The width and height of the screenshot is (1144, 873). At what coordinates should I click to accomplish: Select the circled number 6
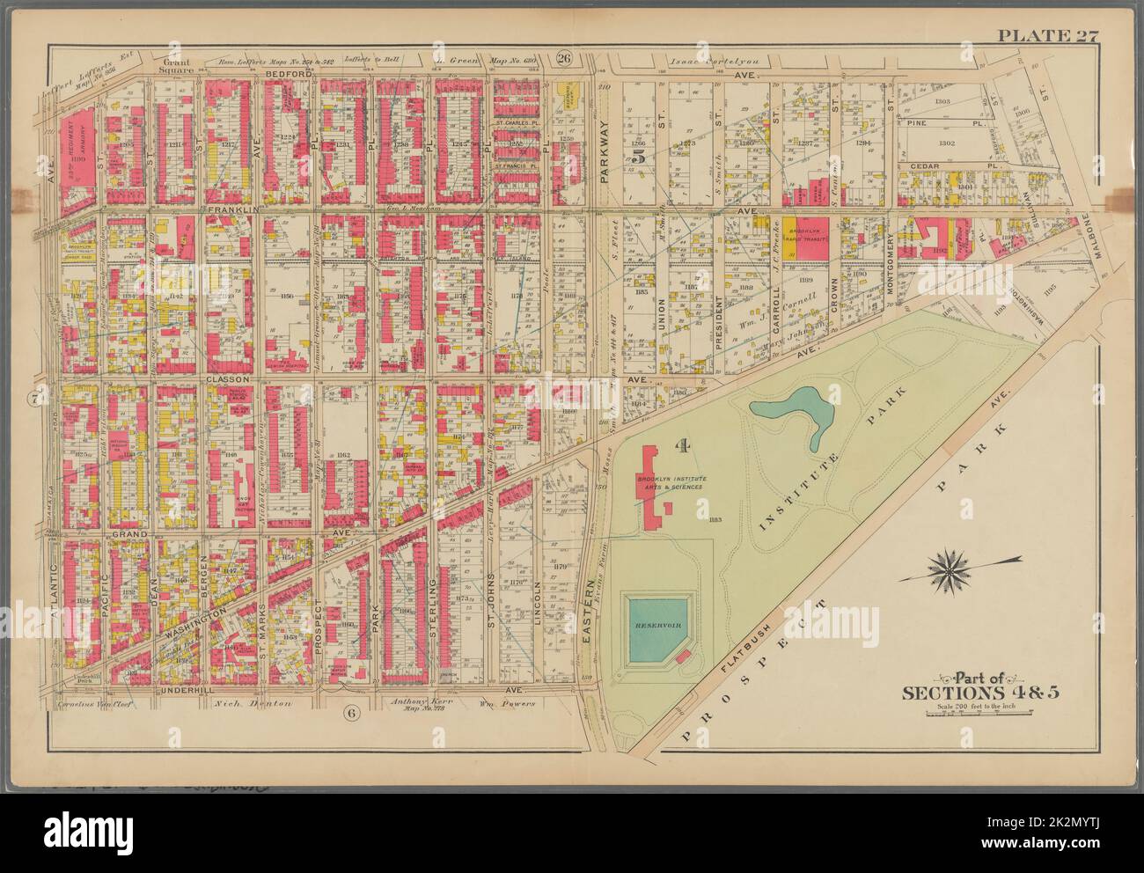point(349,711)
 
